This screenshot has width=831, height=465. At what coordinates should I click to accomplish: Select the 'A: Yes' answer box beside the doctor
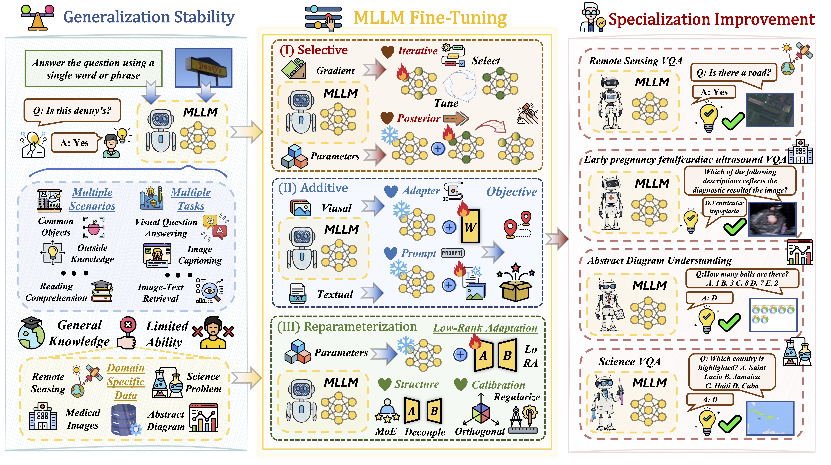[74, 143]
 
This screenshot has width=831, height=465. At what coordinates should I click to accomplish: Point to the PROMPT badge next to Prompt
[453, 253]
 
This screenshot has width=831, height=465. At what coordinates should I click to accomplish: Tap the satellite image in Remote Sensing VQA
[770, 110]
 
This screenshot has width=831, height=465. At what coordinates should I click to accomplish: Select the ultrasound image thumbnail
[772, 219]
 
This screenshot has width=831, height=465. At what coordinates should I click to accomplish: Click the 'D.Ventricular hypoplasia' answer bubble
[724, 207]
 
